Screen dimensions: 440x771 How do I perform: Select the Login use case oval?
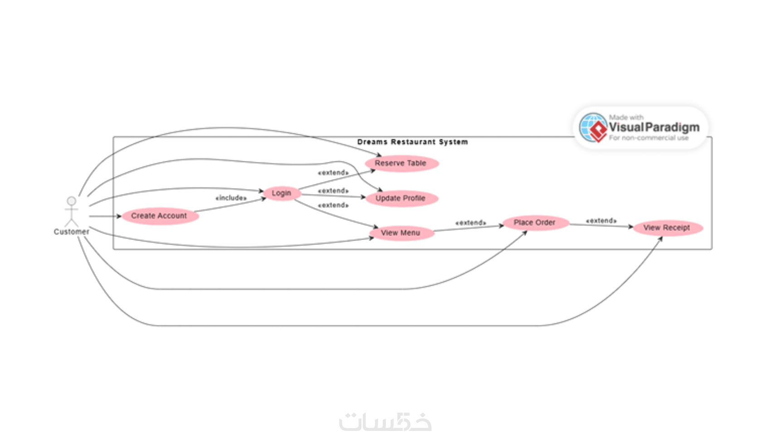click(x=282, y=193)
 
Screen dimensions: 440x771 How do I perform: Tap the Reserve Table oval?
click(x=401, y=163)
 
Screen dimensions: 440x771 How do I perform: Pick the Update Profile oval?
click(x=401, y=198)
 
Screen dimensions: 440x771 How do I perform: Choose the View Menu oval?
click(x=401, y=233)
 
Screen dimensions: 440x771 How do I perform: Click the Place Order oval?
click(x=535, y=223)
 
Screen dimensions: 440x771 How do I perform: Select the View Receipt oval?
click(x=667, y=228)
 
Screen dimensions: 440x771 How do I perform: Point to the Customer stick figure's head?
click(x=71, y=201)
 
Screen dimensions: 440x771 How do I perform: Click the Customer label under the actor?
click(x=71, y=232)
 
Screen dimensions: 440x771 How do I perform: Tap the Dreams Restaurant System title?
click(x=412, y=142)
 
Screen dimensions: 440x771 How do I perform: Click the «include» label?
click(x=231, y=198)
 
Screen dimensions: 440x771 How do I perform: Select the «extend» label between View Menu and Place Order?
click(x=471, y=223)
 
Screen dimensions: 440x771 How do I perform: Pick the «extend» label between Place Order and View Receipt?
click(x=601, y=221)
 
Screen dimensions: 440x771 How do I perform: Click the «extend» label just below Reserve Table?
click(x=333, y=173)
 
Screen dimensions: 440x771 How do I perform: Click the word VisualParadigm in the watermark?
click(x=654, y=127)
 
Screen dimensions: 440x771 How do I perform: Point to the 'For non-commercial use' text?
click(x=649, y=138)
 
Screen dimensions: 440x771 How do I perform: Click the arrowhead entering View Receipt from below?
click(x=660, y=239)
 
